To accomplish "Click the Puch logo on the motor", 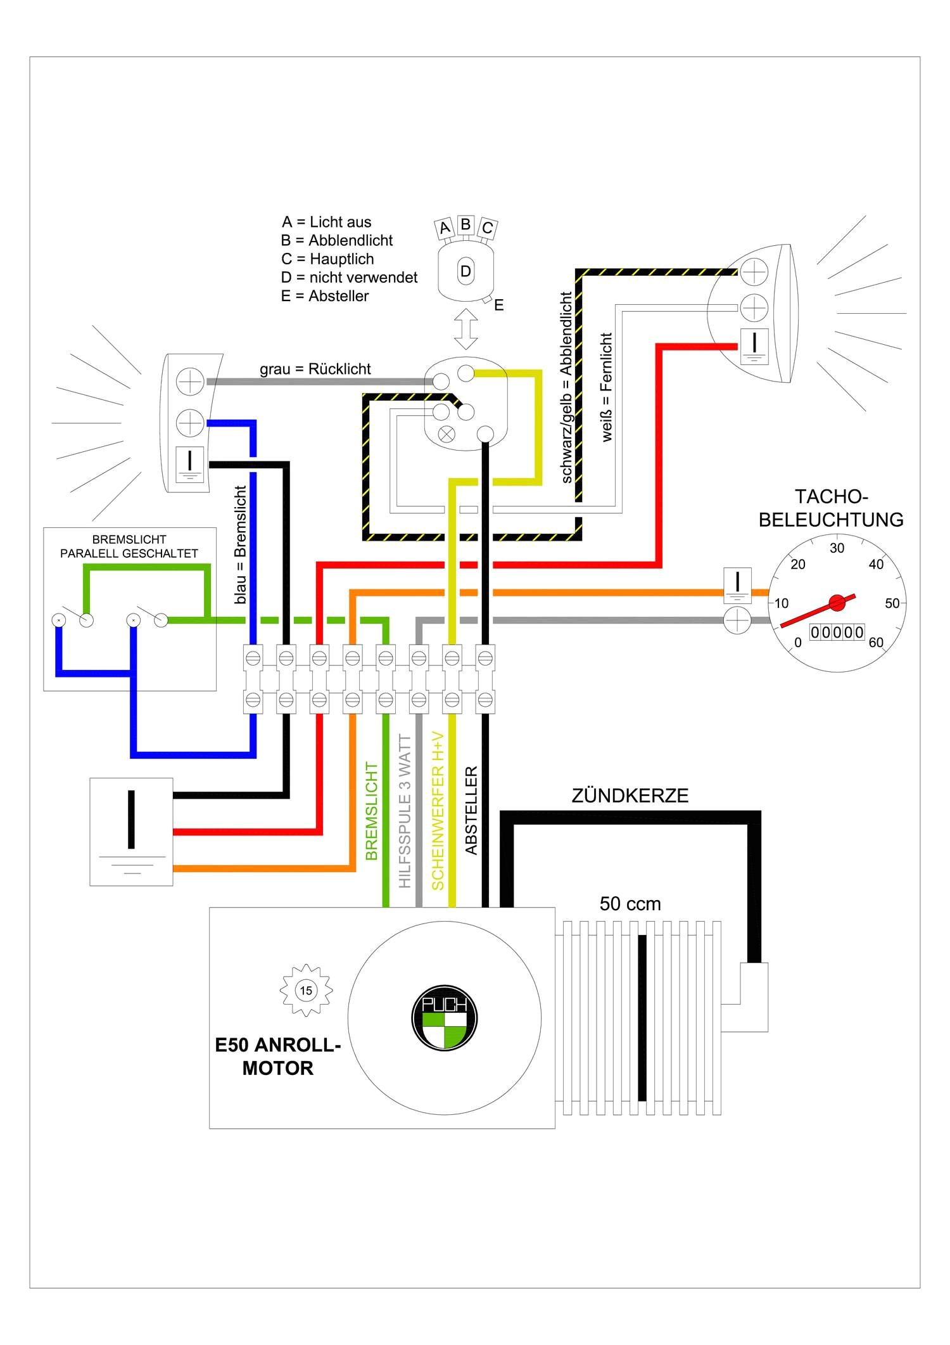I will click(x=444, y=1019).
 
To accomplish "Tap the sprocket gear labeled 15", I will click(x=306, y=990).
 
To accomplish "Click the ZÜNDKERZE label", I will click(x=630, y=796).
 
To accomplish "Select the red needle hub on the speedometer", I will click(x=837, y=603).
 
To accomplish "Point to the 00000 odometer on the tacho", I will click(x=837, y=632).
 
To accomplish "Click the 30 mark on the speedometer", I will click(x=837, y=548).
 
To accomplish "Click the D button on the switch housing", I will click(x=465, y=271).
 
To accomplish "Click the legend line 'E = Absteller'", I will click(x=325, y=296).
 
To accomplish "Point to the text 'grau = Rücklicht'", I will click(x=315, y=369).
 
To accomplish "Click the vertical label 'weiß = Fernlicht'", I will click(x=607, y=387).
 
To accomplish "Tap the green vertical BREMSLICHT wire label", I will click(x=372, y=811).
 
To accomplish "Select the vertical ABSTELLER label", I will click(x=471, y=811).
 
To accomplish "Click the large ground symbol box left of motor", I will click(x=131, y=831).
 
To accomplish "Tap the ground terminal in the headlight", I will click(x=754, y=346).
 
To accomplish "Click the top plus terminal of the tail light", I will click(x=189, y=382).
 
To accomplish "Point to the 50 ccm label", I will click(x=630, y=904).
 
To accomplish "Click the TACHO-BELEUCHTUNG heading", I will click(x=831, y=508).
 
